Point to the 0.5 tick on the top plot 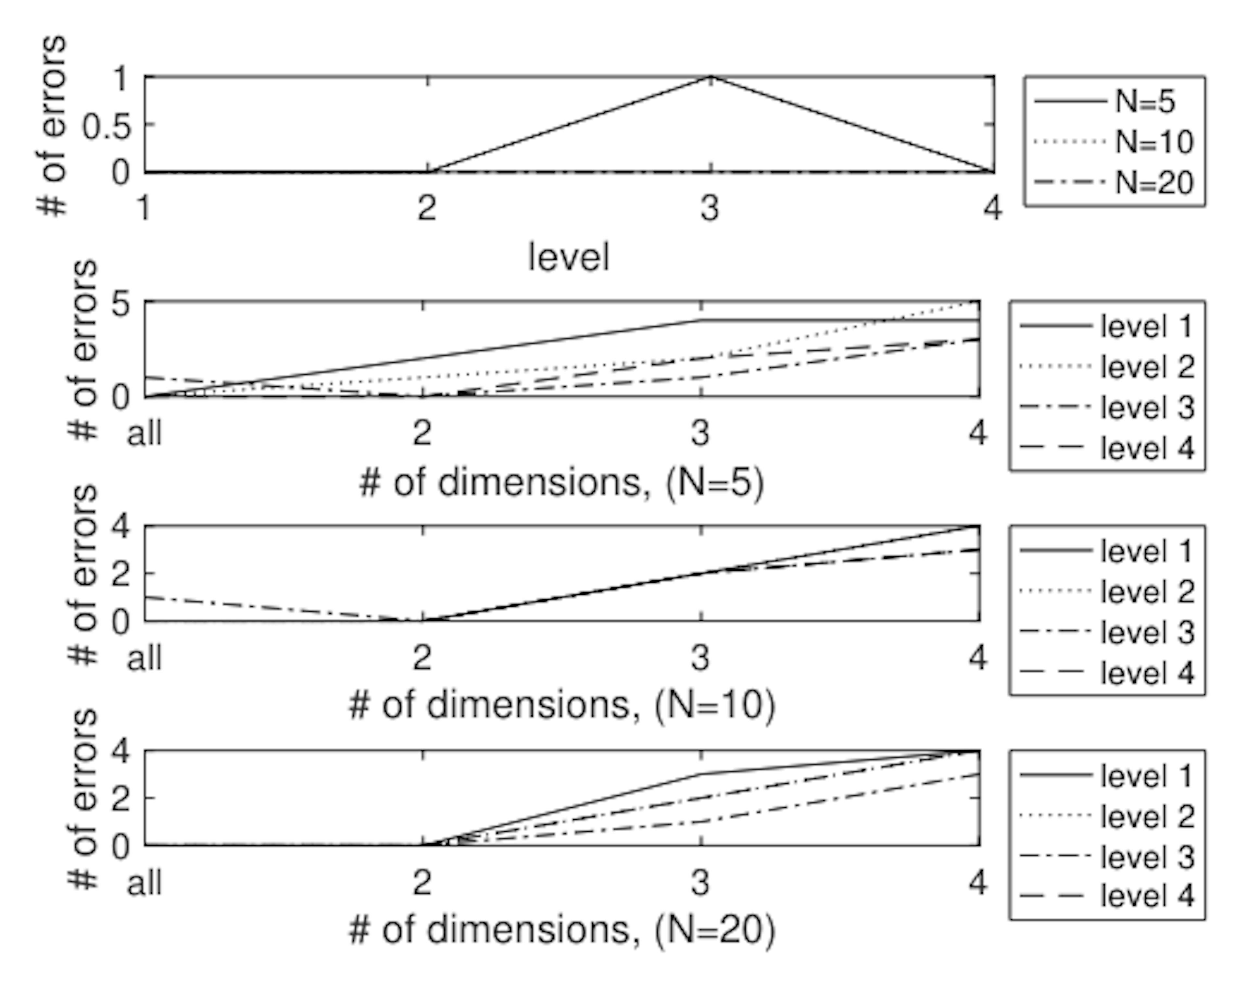coord(107,126)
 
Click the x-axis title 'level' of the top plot coord(568,257)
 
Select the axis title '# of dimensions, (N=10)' coord(561,705)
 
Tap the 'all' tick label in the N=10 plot coord(144,658)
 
